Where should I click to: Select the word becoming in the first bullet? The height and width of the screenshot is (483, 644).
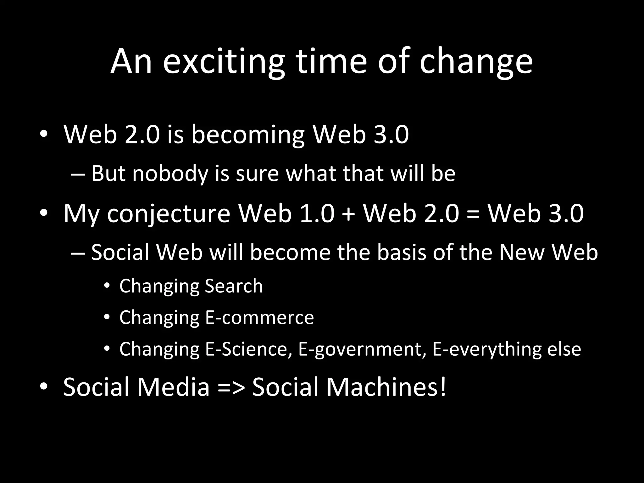pos(248,135)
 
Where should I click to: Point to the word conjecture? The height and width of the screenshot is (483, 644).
pos(169,214)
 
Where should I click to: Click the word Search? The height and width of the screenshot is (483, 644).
pos(234,286)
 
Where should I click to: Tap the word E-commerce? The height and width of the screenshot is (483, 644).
pos(259,317)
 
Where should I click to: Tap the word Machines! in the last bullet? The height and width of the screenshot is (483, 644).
pos(386,386)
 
